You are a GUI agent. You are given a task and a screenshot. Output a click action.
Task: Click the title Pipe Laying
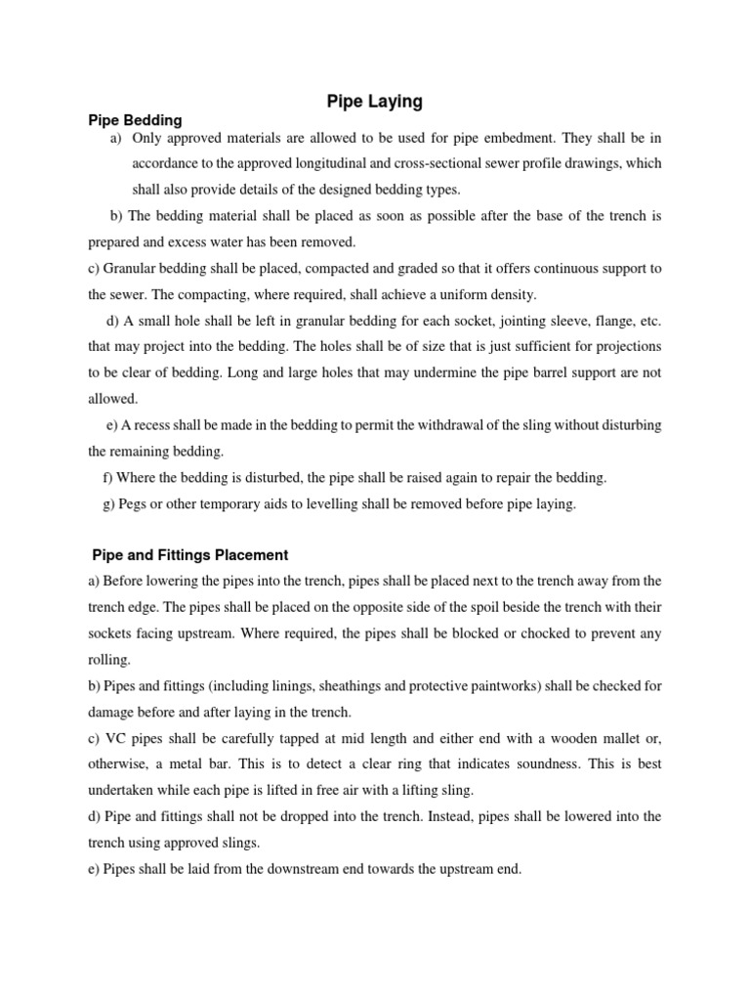tap(374, 100)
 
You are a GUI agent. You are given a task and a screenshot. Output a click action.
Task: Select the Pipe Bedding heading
tap(135, 120)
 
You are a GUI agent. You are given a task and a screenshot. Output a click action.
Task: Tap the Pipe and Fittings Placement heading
tap(189, 555)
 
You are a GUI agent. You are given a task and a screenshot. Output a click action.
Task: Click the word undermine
tap(434, 371)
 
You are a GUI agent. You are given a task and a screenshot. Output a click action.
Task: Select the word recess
tap(157, 424)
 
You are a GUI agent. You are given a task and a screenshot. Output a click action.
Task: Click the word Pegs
tap(133, 504)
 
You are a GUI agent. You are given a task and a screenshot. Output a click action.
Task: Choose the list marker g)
tap(108, 504)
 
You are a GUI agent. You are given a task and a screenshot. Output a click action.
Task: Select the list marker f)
tap(107, 477)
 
